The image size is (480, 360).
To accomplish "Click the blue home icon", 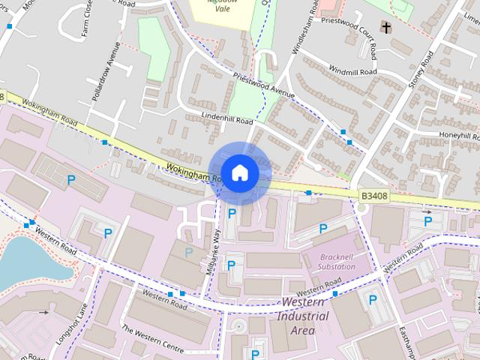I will (x=239, y=172).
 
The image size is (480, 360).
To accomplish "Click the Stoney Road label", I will (x=421, y=71).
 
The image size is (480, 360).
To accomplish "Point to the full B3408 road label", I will (x=374, y=196).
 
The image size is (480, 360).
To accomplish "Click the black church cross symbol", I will (x=386, y=28).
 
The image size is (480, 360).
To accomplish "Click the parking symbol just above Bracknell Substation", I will (x=323, y=228).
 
